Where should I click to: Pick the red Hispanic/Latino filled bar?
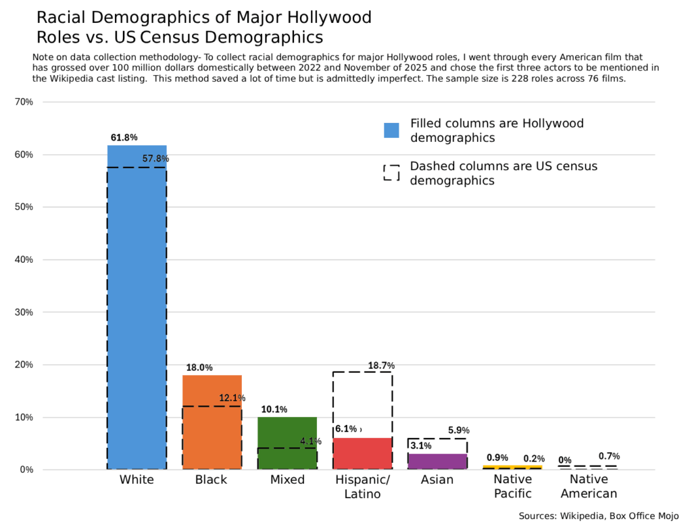pos(362,453)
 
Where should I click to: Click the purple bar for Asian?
pos(437,461)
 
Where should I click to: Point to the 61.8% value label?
pos(124,137)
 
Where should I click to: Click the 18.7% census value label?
pos(381,366)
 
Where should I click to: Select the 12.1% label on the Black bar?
pos(232,398)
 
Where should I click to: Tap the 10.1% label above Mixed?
pos(274,409)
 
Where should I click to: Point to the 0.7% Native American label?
pos(609,456)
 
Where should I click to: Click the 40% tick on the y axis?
pos(24,259)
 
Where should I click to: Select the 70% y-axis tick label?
pos(24,102)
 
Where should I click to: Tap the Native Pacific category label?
pos(512,486)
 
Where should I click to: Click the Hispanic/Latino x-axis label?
pos(362,486)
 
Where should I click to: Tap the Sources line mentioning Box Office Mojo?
pos(598,516)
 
